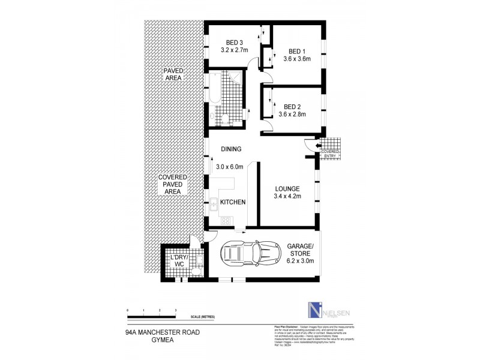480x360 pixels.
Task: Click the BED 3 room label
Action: click(x=234, y=42)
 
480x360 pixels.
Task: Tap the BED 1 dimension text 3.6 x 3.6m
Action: click(x=297, y=59)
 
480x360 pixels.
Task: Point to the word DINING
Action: click(x=231, y=149)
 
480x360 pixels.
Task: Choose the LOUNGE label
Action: click(x=287, y=188)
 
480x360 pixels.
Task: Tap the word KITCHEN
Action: click(x=233, y=203)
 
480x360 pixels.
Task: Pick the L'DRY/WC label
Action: click(x=179, y=261)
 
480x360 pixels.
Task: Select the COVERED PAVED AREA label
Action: click(x=173, y=184)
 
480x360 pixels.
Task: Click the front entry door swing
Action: click(x=310, y=146)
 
